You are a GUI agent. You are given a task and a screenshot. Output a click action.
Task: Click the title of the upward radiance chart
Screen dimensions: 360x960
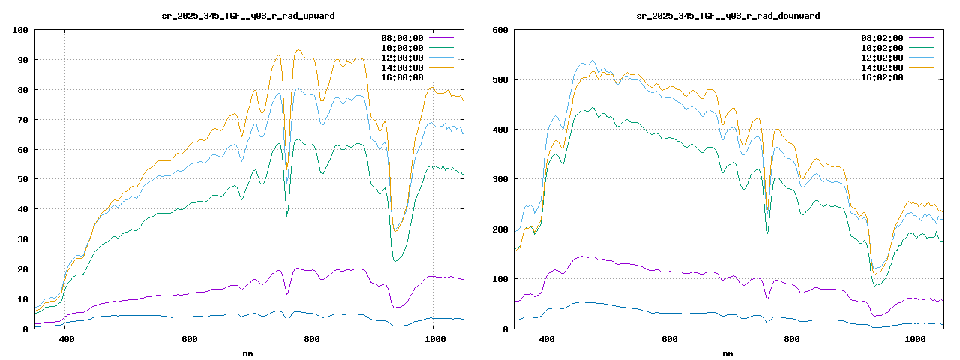249,15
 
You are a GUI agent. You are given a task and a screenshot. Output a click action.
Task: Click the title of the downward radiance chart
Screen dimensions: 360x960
728,15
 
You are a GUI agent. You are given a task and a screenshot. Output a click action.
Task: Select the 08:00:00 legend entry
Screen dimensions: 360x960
403,38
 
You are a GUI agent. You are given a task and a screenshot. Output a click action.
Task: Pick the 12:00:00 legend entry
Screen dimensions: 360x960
403,58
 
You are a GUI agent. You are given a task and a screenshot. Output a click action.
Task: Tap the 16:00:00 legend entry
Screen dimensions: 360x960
403,77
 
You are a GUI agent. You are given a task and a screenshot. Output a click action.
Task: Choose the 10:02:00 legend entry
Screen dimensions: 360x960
883,48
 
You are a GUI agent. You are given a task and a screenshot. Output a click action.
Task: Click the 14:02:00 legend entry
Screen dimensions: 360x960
883,67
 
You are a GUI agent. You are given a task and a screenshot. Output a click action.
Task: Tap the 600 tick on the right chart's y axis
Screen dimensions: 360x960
499,30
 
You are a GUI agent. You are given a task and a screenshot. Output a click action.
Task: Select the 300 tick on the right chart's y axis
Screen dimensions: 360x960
499,179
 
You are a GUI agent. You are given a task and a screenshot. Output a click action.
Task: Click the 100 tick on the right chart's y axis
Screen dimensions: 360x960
499,279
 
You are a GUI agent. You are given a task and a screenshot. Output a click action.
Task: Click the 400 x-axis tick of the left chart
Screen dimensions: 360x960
66,340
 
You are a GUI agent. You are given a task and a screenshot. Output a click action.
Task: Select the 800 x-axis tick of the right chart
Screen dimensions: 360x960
792,340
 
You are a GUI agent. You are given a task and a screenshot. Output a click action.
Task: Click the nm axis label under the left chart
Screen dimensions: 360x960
248,352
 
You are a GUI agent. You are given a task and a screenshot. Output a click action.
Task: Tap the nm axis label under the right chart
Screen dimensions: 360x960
728,352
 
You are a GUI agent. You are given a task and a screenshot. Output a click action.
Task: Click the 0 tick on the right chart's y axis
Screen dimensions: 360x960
505,328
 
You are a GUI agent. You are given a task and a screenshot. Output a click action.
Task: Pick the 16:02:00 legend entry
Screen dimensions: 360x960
883,77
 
